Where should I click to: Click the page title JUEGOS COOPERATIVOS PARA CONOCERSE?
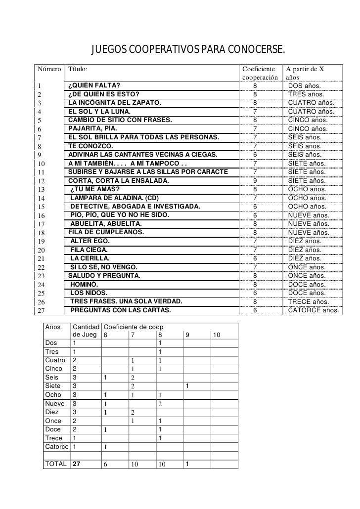[x=188, y=50]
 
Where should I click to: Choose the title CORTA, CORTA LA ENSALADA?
[x=118, y=181]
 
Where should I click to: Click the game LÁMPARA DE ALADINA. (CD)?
[x=114, y=198]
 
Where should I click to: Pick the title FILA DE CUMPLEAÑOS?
[x=106, y=232]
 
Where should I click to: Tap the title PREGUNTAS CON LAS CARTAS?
[x=121, y=310]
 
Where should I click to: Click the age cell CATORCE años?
[x=314, y=310]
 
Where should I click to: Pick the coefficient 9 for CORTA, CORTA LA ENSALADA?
[x=255, y=181]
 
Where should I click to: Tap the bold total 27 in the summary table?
[x=77, y=464]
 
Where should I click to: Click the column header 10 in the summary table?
[x=217, y=336]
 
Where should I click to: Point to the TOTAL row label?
[x=56, y=464]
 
